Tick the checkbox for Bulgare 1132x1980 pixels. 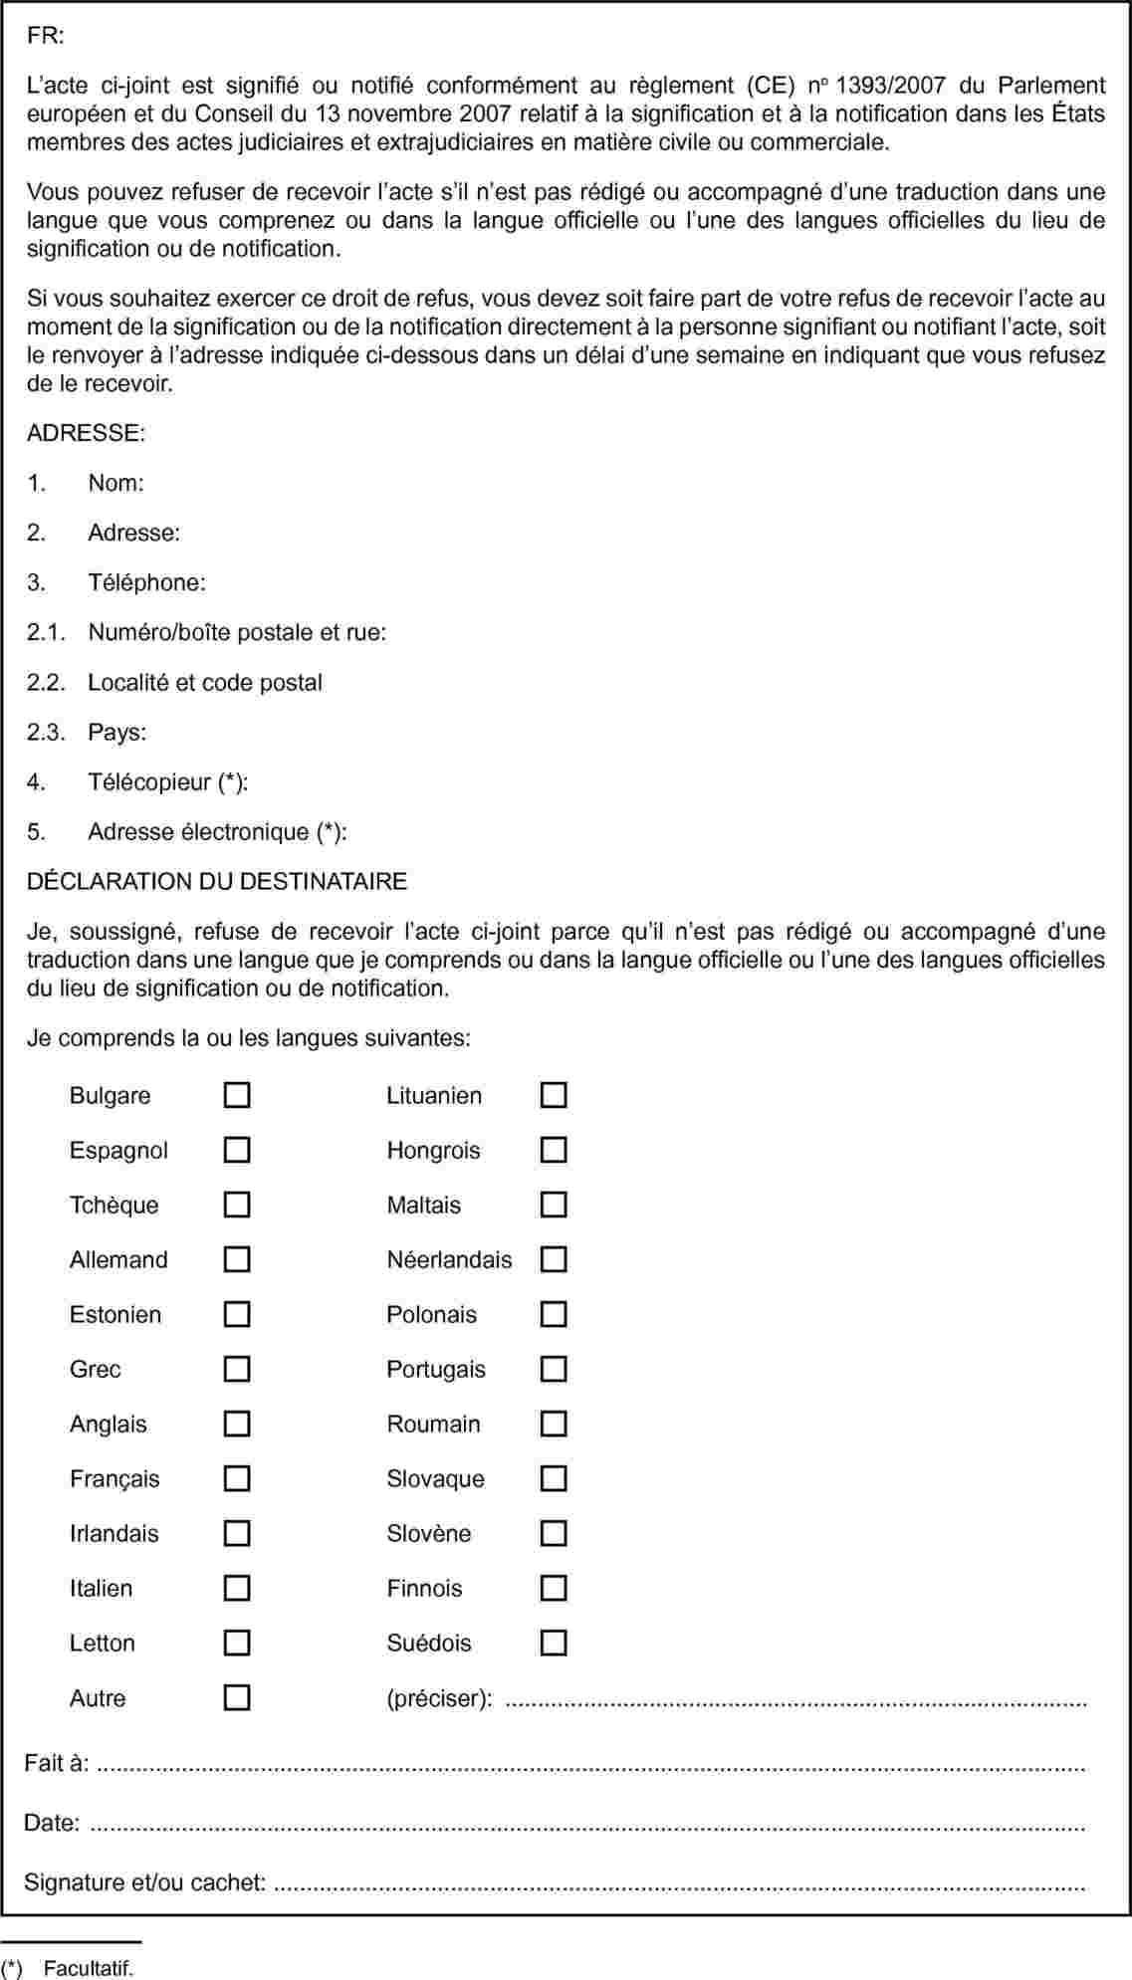[x=236, y=1095]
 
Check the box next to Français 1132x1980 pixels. [x=236, y=1478]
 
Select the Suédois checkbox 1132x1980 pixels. [x=554, y=1643]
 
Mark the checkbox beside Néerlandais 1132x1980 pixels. [x=554, y=1259]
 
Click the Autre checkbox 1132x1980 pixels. [x=236, y=1697]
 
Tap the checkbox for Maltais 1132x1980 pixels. [x=554, y=1205]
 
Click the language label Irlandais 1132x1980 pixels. [x=113, y=1533]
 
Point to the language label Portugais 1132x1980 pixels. [x=436, y=1369]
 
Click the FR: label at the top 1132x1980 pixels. [x=46, y=36]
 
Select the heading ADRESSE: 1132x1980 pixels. [x=86, y=433]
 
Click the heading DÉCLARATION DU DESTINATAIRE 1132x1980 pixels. [x=217, y=881]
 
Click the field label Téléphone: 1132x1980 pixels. [x=146, y=582]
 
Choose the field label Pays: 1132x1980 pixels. [x=116, y=732]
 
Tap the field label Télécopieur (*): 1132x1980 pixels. [x=167, y=781]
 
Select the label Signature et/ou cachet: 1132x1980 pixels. [x=145, y=1881]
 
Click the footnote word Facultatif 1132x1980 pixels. [x=89, y=1968]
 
